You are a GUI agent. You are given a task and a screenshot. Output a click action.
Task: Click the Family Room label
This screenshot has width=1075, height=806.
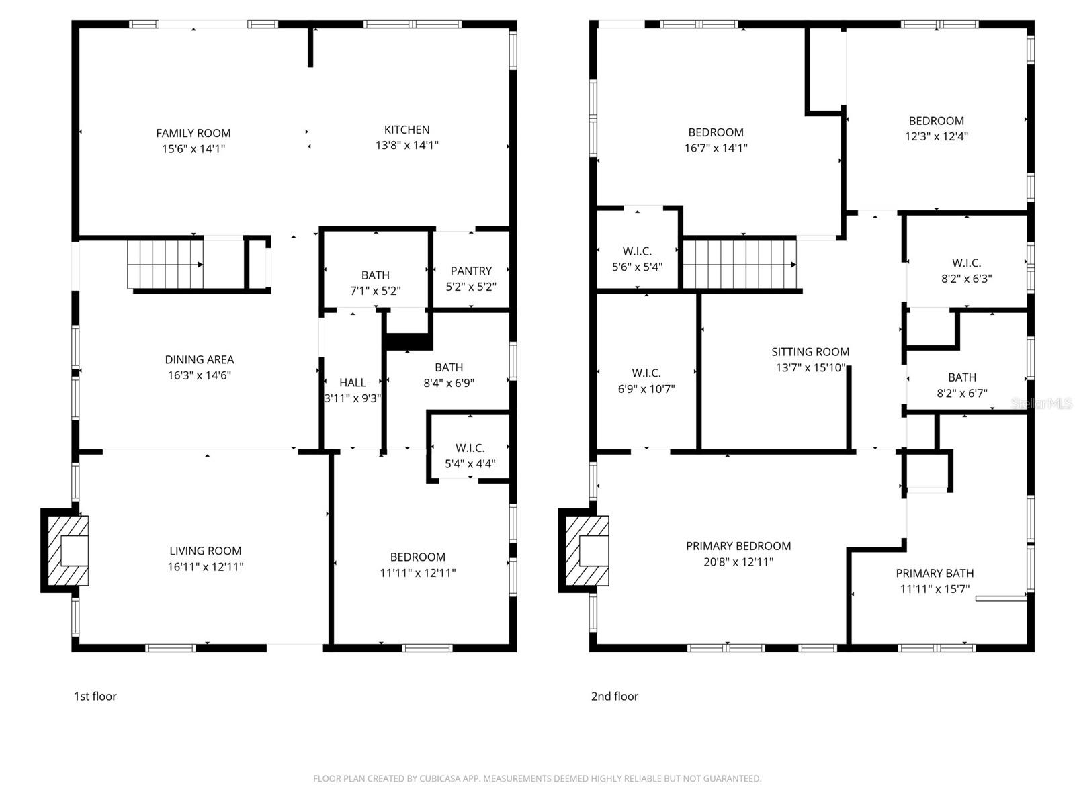point(193,133)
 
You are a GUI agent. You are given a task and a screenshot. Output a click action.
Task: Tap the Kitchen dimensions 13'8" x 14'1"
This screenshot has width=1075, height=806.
point(406,145)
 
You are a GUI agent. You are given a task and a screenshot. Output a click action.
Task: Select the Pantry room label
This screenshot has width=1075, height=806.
point(470,271)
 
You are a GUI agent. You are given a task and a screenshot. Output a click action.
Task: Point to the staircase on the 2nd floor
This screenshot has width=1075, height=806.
point(740,264)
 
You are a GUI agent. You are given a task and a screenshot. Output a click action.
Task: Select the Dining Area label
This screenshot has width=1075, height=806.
point(200,359)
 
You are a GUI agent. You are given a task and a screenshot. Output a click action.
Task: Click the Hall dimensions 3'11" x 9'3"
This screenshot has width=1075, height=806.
point(353,398)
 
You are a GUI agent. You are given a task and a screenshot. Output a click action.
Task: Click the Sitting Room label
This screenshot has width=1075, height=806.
point(810,351)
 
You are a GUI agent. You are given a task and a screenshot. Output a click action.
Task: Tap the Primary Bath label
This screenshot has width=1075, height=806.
point(935,573)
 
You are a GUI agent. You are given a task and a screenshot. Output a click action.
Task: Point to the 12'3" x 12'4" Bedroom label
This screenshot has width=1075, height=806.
point(936,121)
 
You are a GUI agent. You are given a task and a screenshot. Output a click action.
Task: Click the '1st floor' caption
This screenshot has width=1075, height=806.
point(95,697)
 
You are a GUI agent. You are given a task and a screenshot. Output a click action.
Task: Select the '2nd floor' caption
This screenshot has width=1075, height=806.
point(614,697)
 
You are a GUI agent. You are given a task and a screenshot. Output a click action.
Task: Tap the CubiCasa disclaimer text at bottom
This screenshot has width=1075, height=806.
point(537,779)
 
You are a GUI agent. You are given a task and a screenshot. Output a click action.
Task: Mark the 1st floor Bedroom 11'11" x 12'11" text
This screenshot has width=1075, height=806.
point(417,573)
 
